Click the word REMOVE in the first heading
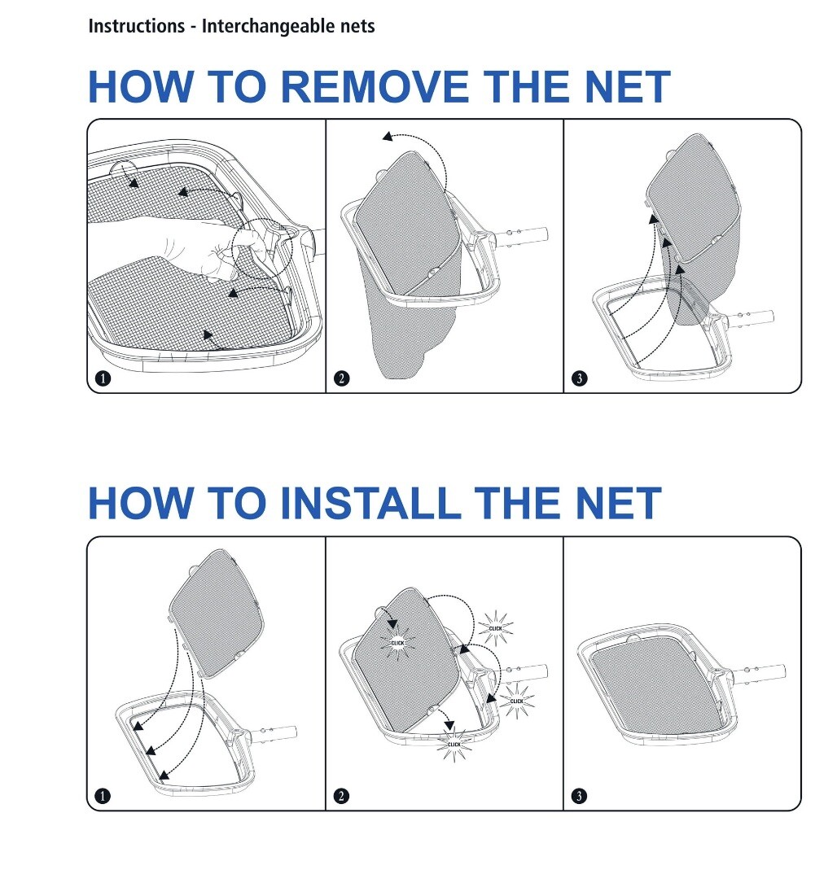tap(375, 87)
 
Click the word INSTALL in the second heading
tap(370, 504)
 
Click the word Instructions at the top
tap(137, 26)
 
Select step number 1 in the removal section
tap(103, 378)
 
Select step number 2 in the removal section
tap(341, 378)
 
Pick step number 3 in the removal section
tap(580, 378)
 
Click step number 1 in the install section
tap(103, 796)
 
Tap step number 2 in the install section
tap(341, 796)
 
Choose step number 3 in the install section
tap(580, 796)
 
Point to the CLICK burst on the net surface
tap(397, 643)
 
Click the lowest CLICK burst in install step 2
tap(454, 744)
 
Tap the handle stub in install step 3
tap(761, 673)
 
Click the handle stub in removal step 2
tap(524, 236)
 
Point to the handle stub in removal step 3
tap(750, 317)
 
